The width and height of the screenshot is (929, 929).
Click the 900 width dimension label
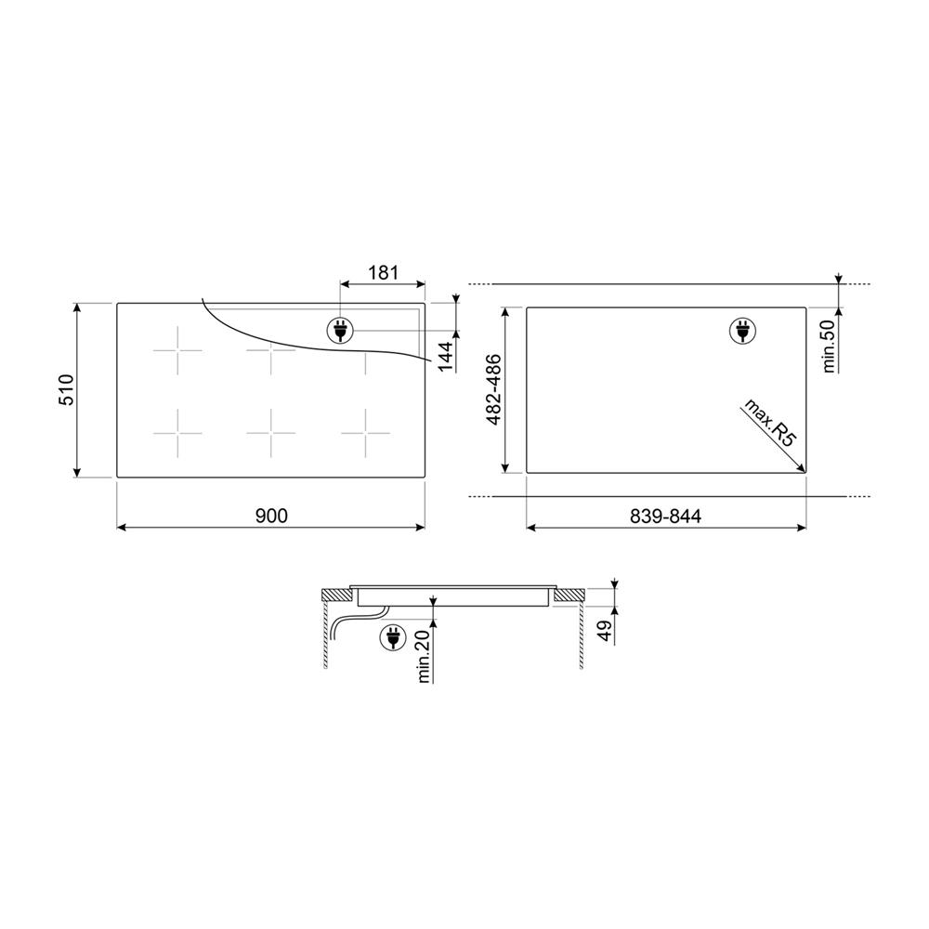(x=271, y=516)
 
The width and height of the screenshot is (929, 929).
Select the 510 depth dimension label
(x=66, y=390)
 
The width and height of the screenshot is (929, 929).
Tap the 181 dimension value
(x=384, y=272)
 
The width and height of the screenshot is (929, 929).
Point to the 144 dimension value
(x=445, y=356)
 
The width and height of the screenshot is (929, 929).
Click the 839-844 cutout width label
(x=665, y=516)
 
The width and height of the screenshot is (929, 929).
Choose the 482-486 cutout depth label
(x=493, y=390)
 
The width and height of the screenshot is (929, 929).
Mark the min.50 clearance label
(x=830, y=346)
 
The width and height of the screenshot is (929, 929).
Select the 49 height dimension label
(x=605, y=632)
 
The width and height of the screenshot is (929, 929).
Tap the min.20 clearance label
(x=423, y=656)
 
